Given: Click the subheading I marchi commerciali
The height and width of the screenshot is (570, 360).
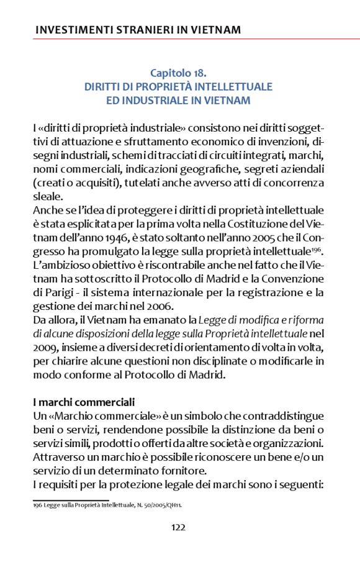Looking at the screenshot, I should pyautogui.click(x=84, y=402).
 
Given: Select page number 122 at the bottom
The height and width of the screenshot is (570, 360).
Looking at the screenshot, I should pyautogui.click(x=178, y=527).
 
